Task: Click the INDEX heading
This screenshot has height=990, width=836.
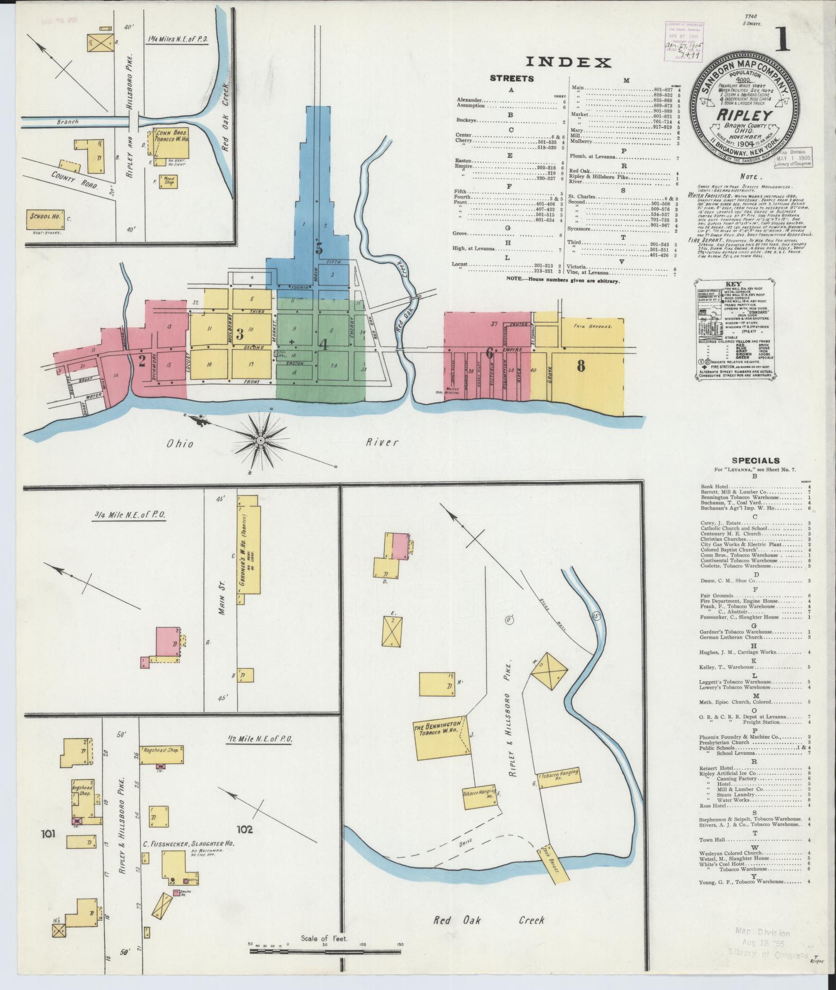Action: coord(568,63)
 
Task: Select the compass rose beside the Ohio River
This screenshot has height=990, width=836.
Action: coord(260,440)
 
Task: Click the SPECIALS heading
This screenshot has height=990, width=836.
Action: coord(755,461)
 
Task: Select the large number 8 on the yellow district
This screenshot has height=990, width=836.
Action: coord(581,366)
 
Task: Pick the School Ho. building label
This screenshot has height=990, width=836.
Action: coord(44,217)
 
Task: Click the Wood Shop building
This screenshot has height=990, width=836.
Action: coord(169,181)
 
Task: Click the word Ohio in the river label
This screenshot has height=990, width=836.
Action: coord(180,443)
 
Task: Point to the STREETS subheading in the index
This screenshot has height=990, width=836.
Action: coord(511,79)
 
